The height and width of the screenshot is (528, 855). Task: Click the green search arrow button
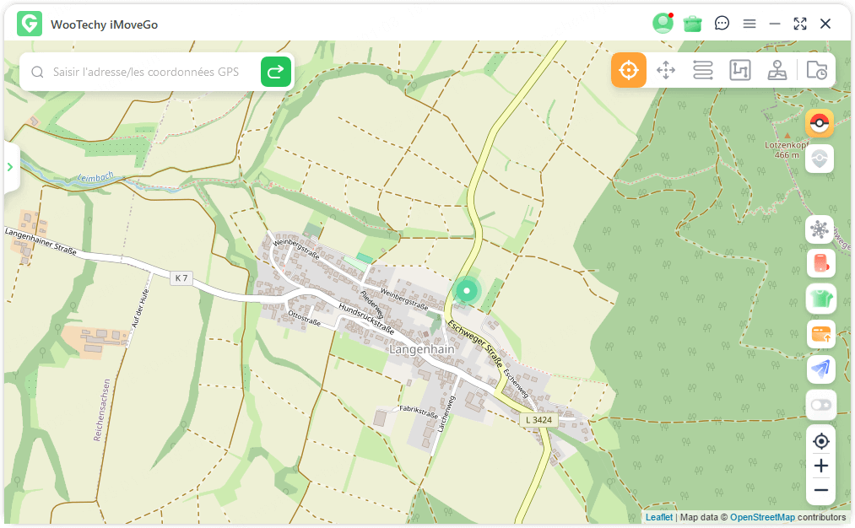point(276,73)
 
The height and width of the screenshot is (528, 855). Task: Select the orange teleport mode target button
point(629,70)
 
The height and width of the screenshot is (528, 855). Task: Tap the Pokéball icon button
point(820,123)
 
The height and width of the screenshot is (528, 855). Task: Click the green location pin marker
point(465,291)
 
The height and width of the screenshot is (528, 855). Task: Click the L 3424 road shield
point(538,419)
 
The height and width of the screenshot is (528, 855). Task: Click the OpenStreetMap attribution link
point(762,517)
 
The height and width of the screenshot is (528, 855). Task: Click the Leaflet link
point(659,517)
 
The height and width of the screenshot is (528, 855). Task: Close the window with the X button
point(825,24)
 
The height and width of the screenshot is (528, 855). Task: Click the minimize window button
point(775,24)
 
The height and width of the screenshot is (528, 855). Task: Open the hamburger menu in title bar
point(749,24)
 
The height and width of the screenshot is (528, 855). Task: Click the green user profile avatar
point(663,24)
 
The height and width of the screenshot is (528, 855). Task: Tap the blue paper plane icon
point(820,368)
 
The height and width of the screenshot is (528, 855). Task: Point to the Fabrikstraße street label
point(419,412)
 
